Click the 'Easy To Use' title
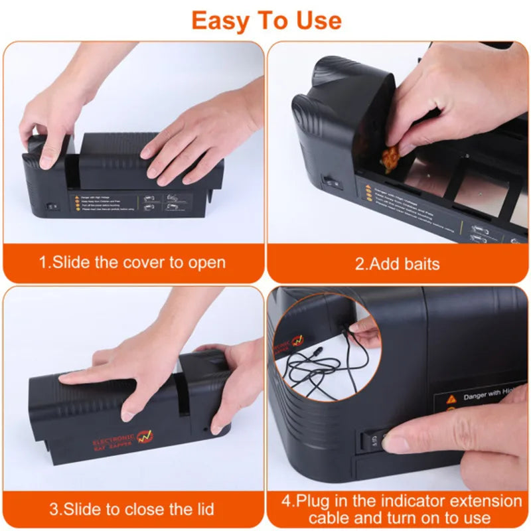266,21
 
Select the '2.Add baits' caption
397,264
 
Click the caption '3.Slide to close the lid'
132,509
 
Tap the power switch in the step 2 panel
331,180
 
